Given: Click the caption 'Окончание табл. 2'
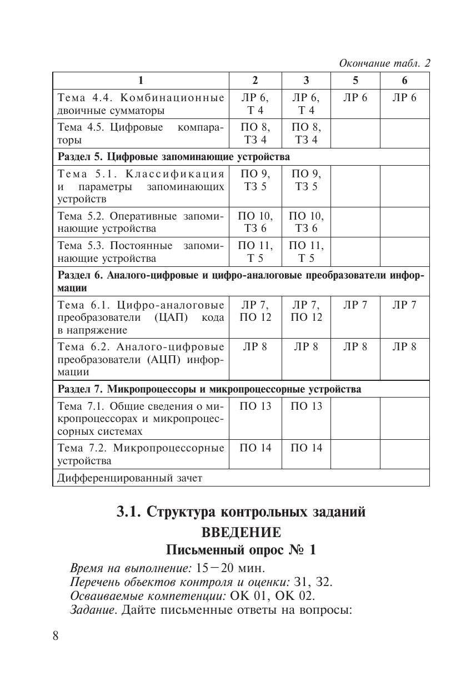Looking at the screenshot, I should coord(384,63).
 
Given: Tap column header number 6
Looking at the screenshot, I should coord(404,80).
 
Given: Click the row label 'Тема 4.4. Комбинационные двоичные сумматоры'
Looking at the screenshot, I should coord(141,103).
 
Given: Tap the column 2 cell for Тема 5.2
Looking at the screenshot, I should coord(255,222).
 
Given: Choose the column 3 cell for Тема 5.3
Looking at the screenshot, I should coord(306,252).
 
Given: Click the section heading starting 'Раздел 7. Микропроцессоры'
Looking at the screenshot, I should coord(209,389).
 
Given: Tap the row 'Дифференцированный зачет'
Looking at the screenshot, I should coord(130,478).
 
